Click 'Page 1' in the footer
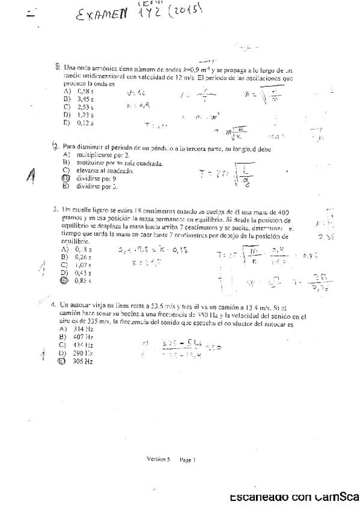click(187, 459)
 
